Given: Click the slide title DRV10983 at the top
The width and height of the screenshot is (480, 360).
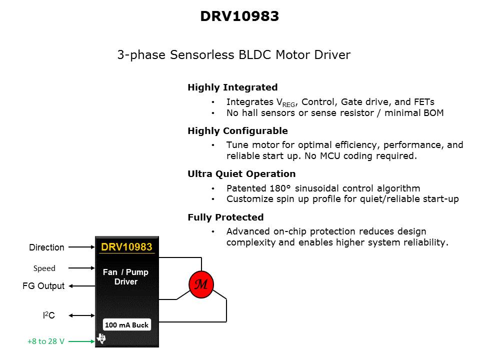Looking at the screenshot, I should pos(239,16).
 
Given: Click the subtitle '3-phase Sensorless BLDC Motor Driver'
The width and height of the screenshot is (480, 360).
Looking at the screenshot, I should pos(233,55).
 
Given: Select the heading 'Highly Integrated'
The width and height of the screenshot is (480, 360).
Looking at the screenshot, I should pos(232,87).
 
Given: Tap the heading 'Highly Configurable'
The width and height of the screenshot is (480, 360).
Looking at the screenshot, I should pos(237,131).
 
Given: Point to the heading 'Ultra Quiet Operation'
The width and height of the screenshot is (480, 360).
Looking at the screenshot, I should pos(241,174).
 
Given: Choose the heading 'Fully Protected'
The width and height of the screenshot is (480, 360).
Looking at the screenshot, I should pos(225,217).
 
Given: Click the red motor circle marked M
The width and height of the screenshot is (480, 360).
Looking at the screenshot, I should pos(201,284).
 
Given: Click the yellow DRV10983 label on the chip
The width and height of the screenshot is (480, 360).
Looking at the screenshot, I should pos(126,247).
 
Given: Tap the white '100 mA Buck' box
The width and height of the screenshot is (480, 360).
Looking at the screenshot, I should pos(126,325).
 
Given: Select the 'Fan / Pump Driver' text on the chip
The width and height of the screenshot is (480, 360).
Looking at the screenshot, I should pos(125,276).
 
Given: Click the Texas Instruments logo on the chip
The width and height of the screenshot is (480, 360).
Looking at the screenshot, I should pos(101,339).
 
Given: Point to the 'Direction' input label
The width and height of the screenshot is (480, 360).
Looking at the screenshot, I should pos(46,247).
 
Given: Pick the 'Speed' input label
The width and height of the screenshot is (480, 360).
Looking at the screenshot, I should pos(44,268).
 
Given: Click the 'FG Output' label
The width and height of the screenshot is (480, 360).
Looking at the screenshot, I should pos(43,286).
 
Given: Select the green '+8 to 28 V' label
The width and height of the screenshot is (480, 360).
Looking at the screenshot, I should pos(45,341).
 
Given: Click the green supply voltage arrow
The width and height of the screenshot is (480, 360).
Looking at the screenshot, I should pos(81,341).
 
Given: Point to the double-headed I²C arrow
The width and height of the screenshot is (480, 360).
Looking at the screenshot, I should pos(81,315).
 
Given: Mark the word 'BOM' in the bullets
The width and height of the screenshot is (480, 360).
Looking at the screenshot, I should pos(433,113).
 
